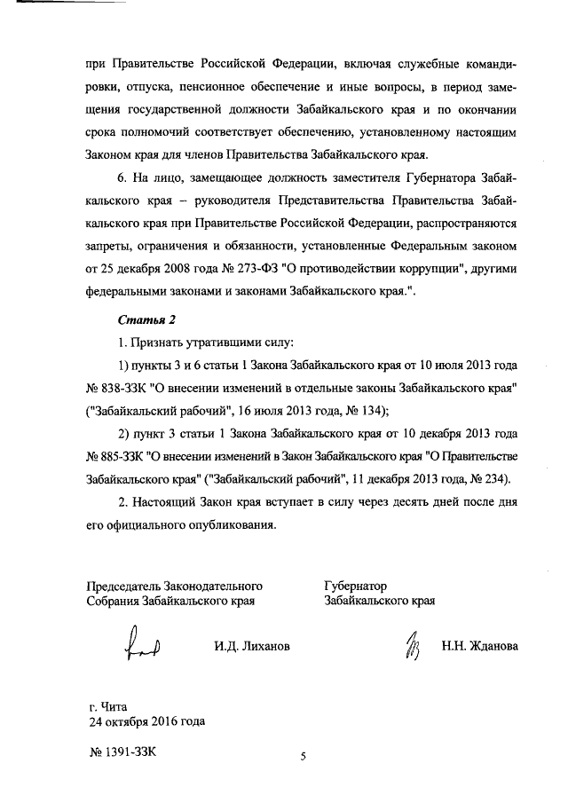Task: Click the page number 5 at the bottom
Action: click(303, 757)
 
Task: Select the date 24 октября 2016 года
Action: click(146, 720)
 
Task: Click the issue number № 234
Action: click(495, 480)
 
